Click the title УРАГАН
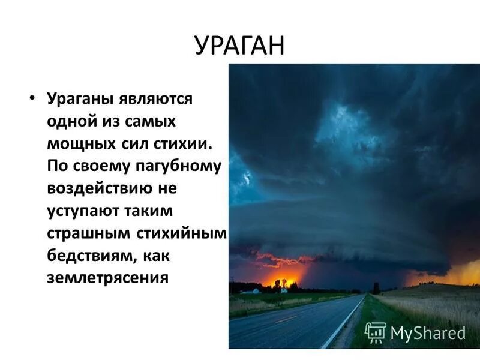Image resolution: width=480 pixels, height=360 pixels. tap(239, 46)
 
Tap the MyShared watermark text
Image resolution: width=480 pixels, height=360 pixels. tap(428, 333)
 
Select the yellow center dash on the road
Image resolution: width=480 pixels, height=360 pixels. tap(287, 319)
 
